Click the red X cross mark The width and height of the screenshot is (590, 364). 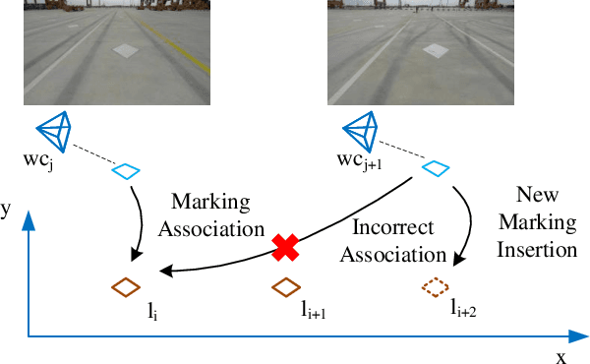pyautogui.click(x=285, y=247)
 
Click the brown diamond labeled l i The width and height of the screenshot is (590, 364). pyautogui.click(x=127, y=287)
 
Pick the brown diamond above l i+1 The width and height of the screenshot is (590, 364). pyautogui.click(x=285, y=287)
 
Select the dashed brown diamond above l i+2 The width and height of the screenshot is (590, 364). pyautogui.click(x=434, y=287)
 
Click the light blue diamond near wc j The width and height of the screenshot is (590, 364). pyautogui.click(x=127, y=171)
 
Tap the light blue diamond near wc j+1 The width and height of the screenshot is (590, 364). pyautogui.click(x=434, y=170)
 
